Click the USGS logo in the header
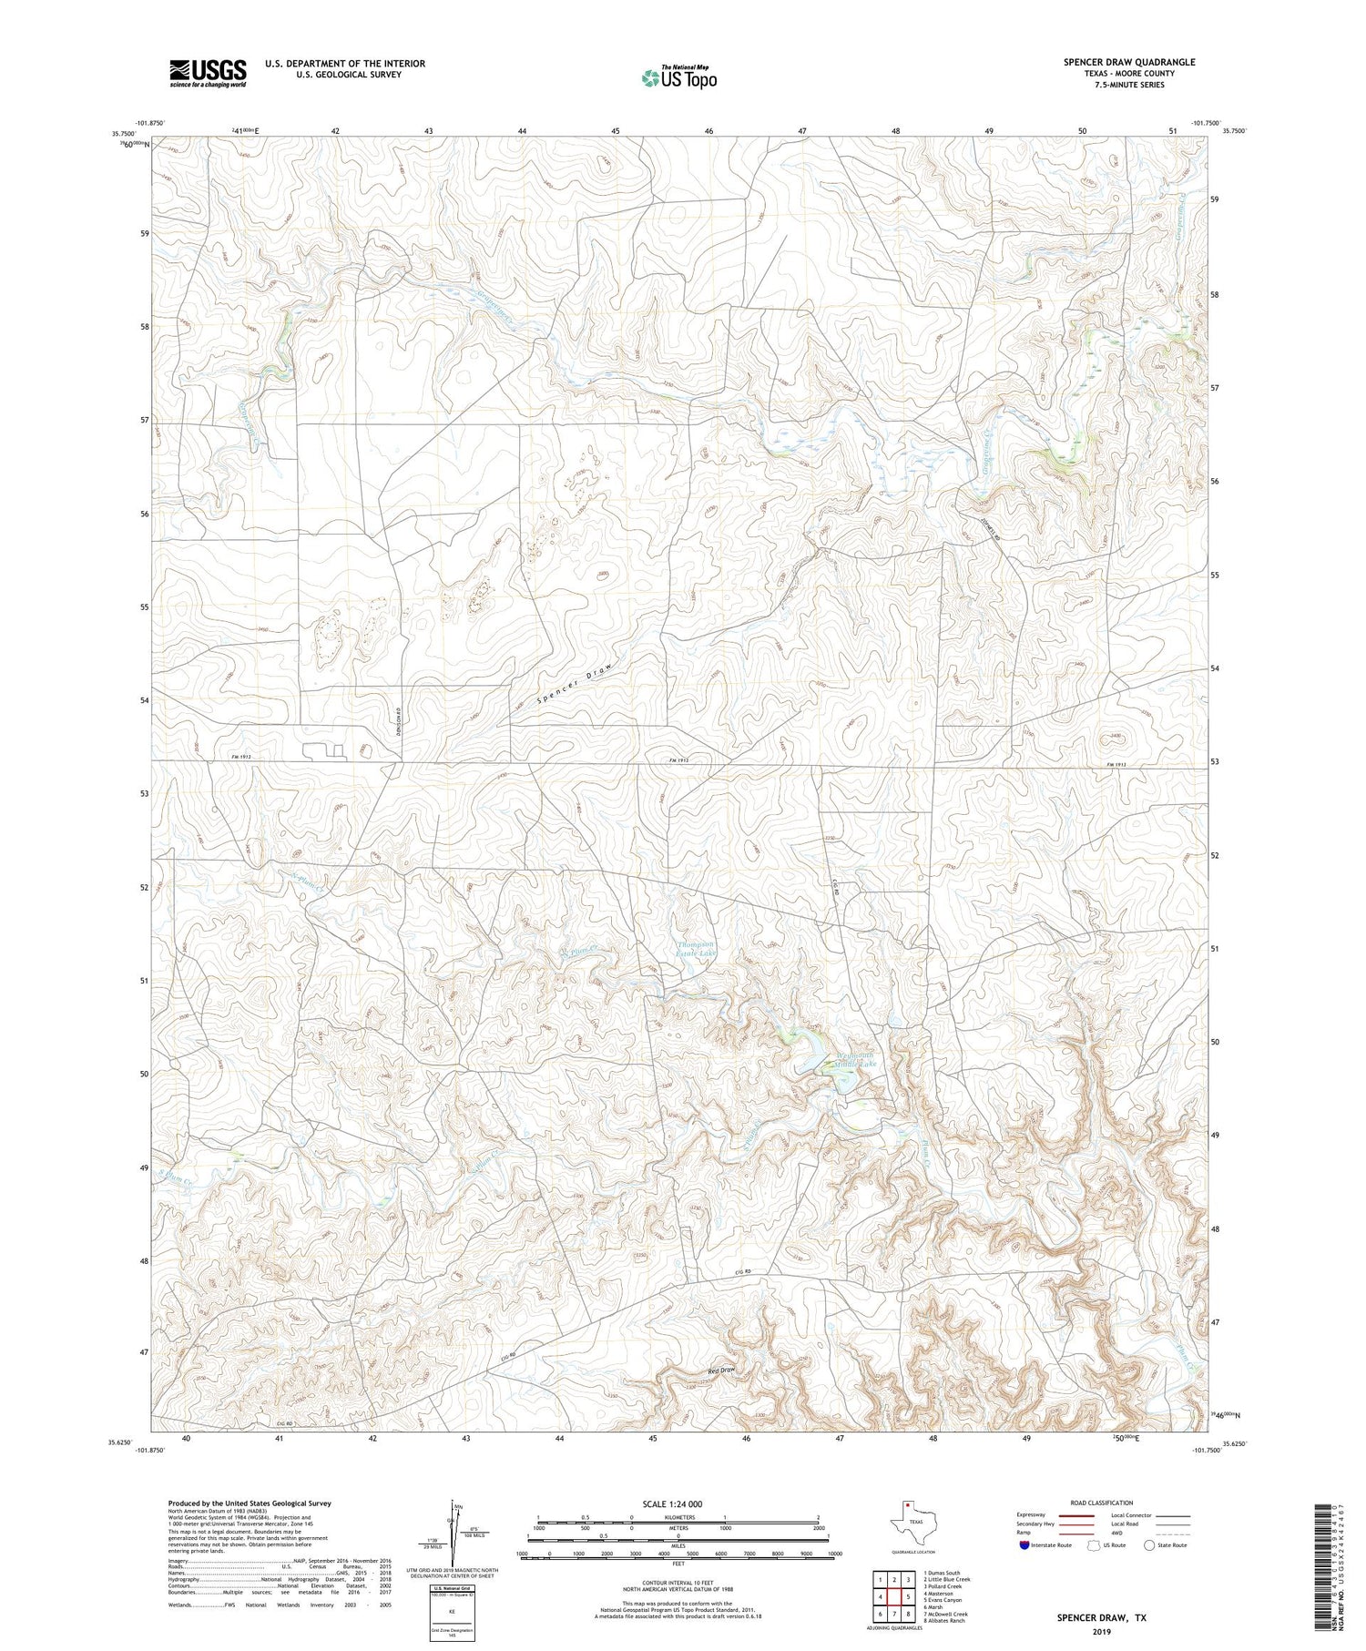coord(208,73)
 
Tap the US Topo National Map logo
coord(678,77)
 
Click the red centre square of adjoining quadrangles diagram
coord(894,1596)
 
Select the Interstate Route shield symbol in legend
coord(1024,1545)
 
